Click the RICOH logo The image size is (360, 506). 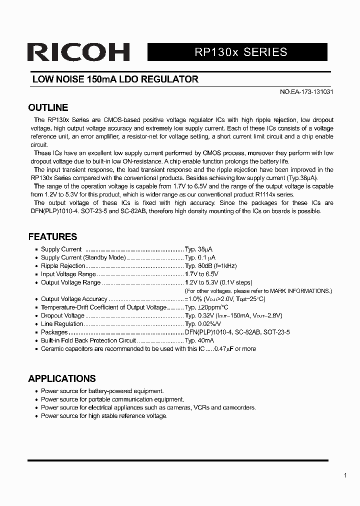(78, 52)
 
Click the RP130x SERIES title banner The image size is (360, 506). (237, 52)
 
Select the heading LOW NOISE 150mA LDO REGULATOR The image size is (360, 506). (115, 79)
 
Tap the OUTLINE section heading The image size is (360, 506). (48, 107)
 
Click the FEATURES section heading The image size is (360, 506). (52, 236)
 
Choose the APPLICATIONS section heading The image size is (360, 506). (61, 378)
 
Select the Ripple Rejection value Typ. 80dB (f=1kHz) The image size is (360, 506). (210, 266)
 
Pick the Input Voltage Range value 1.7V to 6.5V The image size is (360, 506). (201, 274)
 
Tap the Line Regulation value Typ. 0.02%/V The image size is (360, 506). (203, 324)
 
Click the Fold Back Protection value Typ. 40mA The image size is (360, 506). (199, 340)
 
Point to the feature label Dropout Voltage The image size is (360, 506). (62, 315)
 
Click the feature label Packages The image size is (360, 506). (54, 332)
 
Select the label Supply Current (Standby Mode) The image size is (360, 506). (83, 257)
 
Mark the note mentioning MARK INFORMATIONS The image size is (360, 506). (258, 290)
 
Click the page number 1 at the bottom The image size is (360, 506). (345, 475)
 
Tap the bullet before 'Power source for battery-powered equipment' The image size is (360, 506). (36, 391)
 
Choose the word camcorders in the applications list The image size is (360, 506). (239, 407)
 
